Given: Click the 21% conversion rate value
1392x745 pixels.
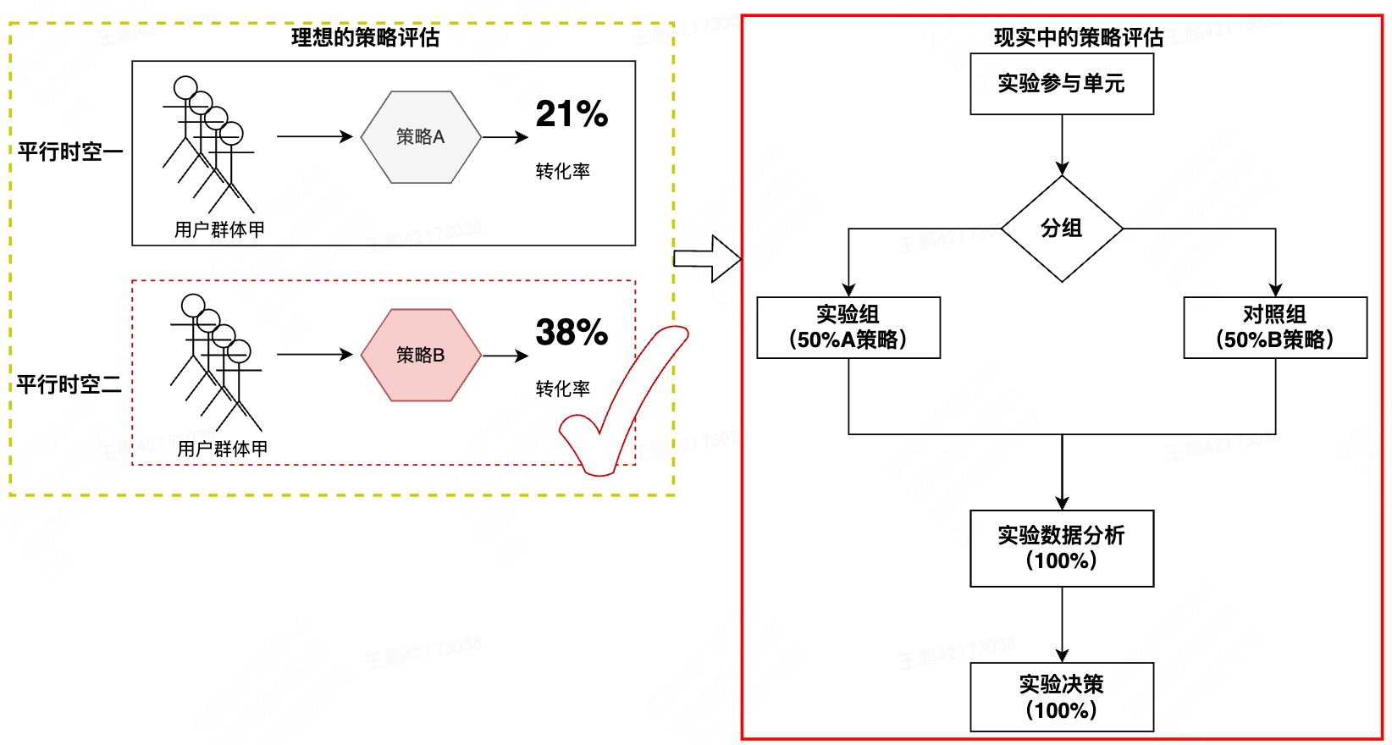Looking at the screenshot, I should pyautogui.click(x=572, y=114).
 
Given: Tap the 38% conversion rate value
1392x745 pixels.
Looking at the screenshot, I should pyautogui.click(x=572, y=333).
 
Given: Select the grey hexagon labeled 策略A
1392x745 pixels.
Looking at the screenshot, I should pyautogui.click(x=421, y=137).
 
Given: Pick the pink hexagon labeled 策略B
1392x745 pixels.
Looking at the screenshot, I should pyautogui.click(x=421, y=356).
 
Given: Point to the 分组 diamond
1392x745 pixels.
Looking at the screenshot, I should pyautogui.click(x=1062, y=229).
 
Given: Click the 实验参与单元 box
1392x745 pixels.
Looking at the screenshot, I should pyautogui.click(x=1062, y=84).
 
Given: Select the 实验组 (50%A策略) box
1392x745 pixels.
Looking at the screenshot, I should pyautogui.click(x=848, y=328).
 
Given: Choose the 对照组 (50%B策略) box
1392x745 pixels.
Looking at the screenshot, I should pyautogui.click(x=1275, y=328).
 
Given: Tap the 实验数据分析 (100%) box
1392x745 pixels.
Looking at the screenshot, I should pyautogui.click(x=1062, y=548).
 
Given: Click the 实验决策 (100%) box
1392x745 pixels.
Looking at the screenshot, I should pyautogui.click(x=1062, y=697).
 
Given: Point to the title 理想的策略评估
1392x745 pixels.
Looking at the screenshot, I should pyautogui.click(x=365, y=37).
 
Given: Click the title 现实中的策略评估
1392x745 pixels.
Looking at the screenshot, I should pyautogui.click(x=1078, y=37).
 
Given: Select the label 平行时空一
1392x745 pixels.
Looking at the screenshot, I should pyautogui.click(x=70, y=152).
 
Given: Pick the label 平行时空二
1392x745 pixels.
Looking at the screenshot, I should pyautogui.click(x=69, y=385).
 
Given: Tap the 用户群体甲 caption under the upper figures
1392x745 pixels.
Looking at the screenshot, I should pyautogui.click(x=219, y=229).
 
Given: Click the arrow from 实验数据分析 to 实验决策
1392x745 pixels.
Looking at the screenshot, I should pyautogui.click(x=1062, y=625).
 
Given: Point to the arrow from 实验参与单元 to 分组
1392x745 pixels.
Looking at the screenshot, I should pyautogui.click(x=1062, y=145).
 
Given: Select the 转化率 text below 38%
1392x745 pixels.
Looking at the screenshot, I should pyautogui.click(x=562, y=389).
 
